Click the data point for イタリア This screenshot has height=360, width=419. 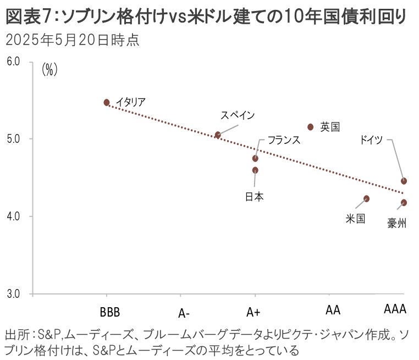click(x=107, y=102)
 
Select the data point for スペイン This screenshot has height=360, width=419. click(x=218, y=135)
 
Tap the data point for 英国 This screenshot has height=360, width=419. click(x=311, y=127)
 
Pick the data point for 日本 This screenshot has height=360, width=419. click(x=255, y=170)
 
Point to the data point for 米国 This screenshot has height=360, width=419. click(x=367, y=198)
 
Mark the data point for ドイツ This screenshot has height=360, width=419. click(x=404, y=181)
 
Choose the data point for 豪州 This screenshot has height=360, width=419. click(x=404, y=203)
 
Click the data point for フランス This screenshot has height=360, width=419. click(x=255, y=158)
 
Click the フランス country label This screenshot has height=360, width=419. click(x=284, y=140)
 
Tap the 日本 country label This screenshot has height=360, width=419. click(x=254, y=196)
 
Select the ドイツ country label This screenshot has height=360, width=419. click(x=371, y=140)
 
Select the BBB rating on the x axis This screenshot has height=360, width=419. click(x=110, y=311)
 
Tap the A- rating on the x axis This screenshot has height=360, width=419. click(x=184, y=313)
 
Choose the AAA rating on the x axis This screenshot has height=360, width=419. click(x=394, y=310)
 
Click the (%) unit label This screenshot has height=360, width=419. click(x=50, y=70)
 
